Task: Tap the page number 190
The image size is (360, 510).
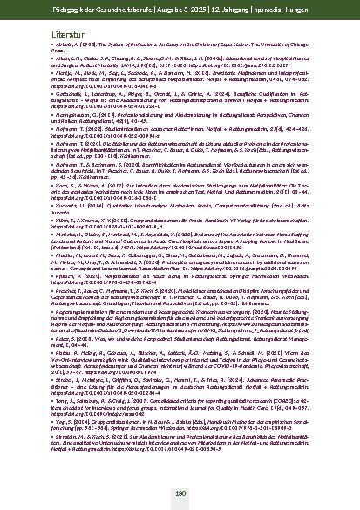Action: click(x=180, y=493)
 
